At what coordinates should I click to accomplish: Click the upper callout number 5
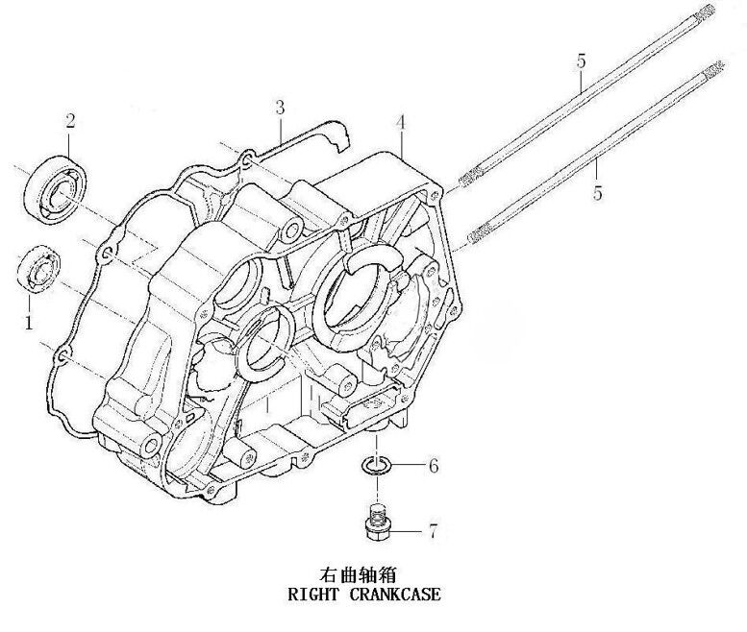tap(581, 61)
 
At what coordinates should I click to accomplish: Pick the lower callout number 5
tap(598, 192)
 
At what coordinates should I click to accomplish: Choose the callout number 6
tap(433, 467)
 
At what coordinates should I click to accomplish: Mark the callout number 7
tap(433, 529)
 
